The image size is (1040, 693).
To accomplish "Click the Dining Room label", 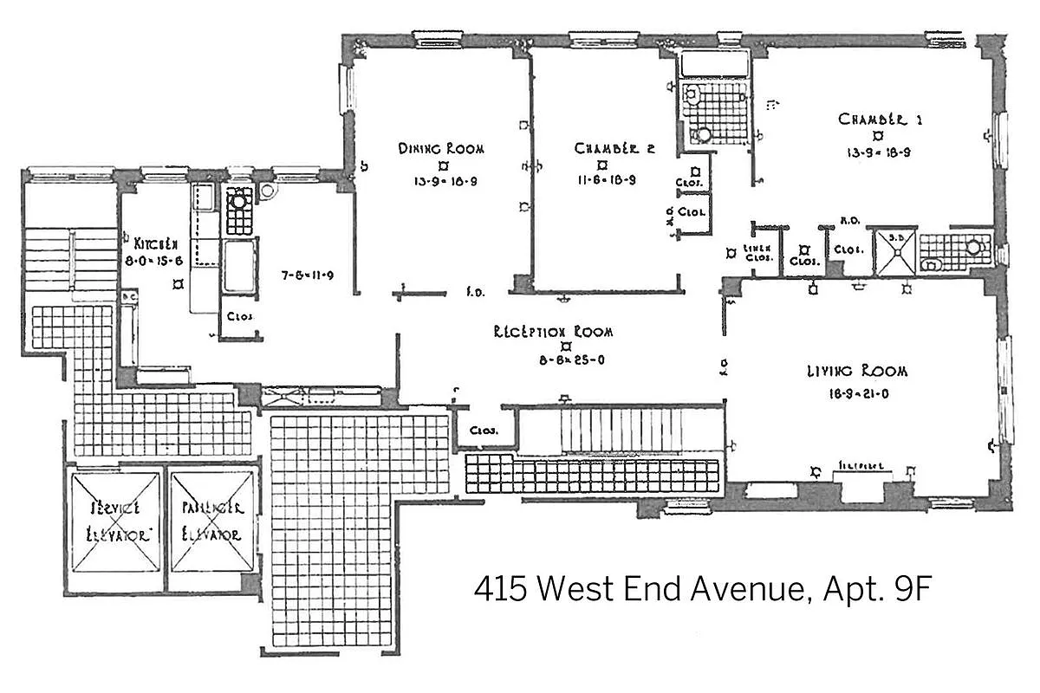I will coord(441,148).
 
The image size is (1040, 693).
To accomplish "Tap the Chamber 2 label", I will coord(614,148).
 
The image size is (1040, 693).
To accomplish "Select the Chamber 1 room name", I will coord(879,119).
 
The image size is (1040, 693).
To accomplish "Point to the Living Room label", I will coord(856,371).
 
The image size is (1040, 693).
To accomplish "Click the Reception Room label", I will coord(553,332).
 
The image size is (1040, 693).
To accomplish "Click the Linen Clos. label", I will coord(758,252).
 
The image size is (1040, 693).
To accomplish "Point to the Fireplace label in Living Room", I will coord(861,465).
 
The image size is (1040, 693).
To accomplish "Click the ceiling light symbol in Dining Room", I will coord(443,165).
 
